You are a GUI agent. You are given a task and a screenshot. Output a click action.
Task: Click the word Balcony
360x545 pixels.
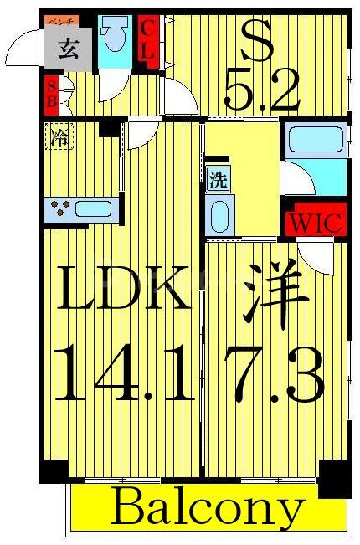coord(207,507)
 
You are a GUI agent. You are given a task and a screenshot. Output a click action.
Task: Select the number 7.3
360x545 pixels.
coord(273,375)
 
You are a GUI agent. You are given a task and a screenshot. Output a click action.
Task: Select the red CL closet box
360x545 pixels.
coord(148,39)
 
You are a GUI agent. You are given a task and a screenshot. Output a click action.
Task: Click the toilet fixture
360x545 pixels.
coord(112,39)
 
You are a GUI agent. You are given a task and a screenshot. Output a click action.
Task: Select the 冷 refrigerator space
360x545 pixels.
coord(59,135)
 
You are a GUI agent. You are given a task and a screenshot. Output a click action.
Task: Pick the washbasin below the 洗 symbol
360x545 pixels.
coord(217,216)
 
